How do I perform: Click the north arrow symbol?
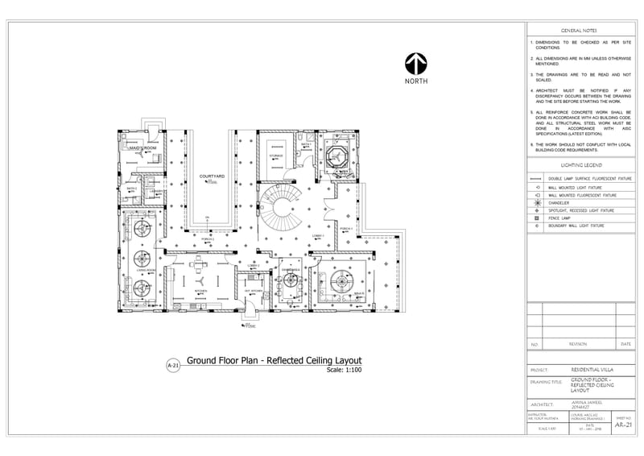pyautogui.click(x=415, y=64)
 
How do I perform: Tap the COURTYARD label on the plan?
pyautogui.click(x=212, y=175)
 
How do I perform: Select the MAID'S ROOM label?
pyautogui.click(x=142, y=148)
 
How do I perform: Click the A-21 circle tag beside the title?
pyautogui.click(x=171, y=365)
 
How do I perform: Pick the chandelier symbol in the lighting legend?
pyautogui.click(x=536, y=202)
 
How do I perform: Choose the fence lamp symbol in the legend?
pyautogui.click(x=536, y=218)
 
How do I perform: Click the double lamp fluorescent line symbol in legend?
pyautogui.click(x=536, y=178)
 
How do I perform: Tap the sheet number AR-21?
pyautogui.click(x=623, y=425)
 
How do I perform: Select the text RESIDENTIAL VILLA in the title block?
pyautogui.click(x=594, y=371)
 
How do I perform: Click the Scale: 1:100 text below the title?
pyautogui.click(x=345, y=370)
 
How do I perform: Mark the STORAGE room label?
pyautogui.click(x=276, y=155)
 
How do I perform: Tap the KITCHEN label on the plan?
pyautogui.click(x=200, y=291)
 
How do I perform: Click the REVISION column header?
pyautogui.click(x=578, y=344)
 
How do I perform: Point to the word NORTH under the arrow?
pyautogui.click(x=416, y=81)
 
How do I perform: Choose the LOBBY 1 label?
pyautogui.click(x=317, y=235)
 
